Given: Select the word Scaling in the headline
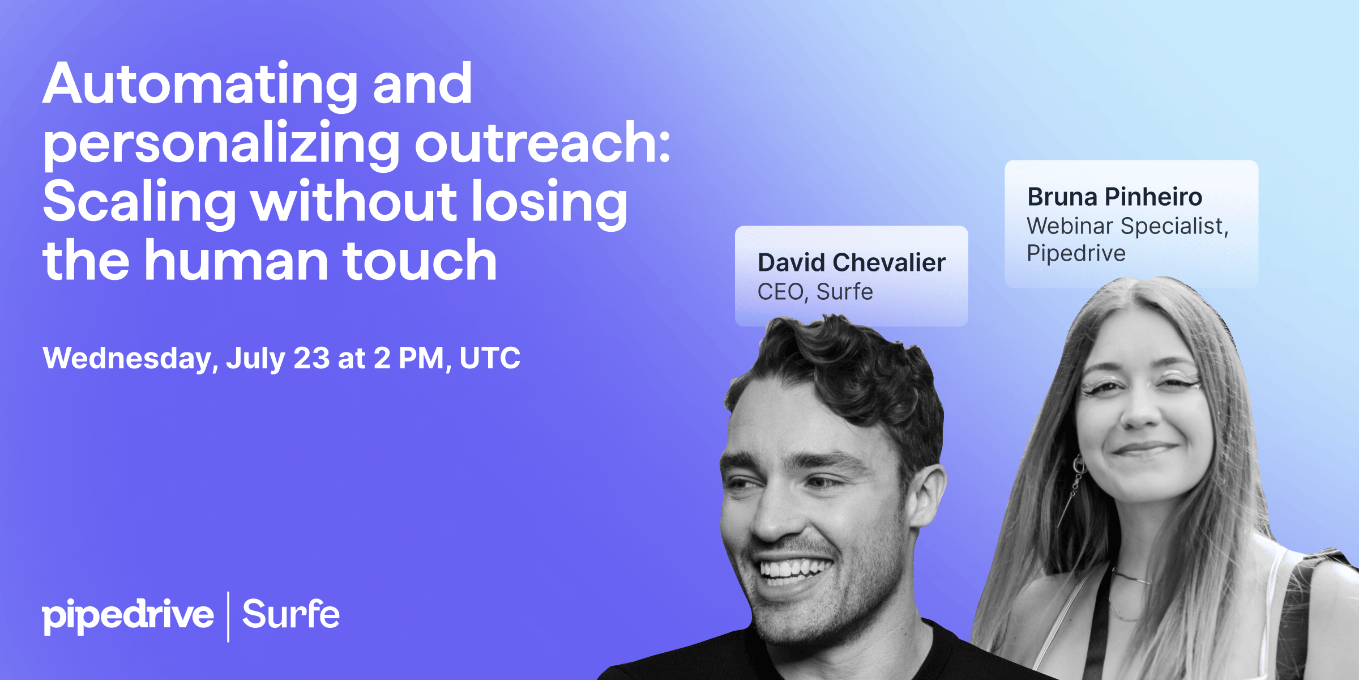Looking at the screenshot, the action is pyautogui.click(x=139, y=203).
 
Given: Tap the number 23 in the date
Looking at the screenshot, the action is pyautogui.click(x=311, y=358).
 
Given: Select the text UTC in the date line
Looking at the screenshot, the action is pyautogui.click(x=490, y=358).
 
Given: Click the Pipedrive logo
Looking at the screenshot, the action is pyautogui.click(x=128, y=616).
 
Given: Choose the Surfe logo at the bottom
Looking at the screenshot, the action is pyautogui.click(x=291, y=614).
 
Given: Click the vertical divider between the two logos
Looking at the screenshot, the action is pyautogui.click(x=228, y=617).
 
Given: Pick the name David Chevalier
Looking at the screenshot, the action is pyautogui.click(x=852, y=263).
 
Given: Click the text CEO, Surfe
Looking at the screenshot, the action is pyautogui.click(x=815, y=292).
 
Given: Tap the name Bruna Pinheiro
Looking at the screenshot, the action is pyautogui.click(x=1115, y=197).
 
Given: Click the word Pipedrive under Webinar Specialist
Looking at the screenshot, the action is pyautogui.click(x=1076, y=254).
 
